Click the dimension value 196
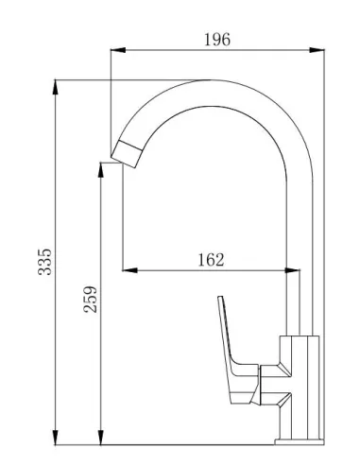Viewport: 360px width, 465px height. [x=217, y=39]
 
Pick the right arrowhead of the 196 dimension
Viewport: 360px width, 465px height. [x=318, y=52]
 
